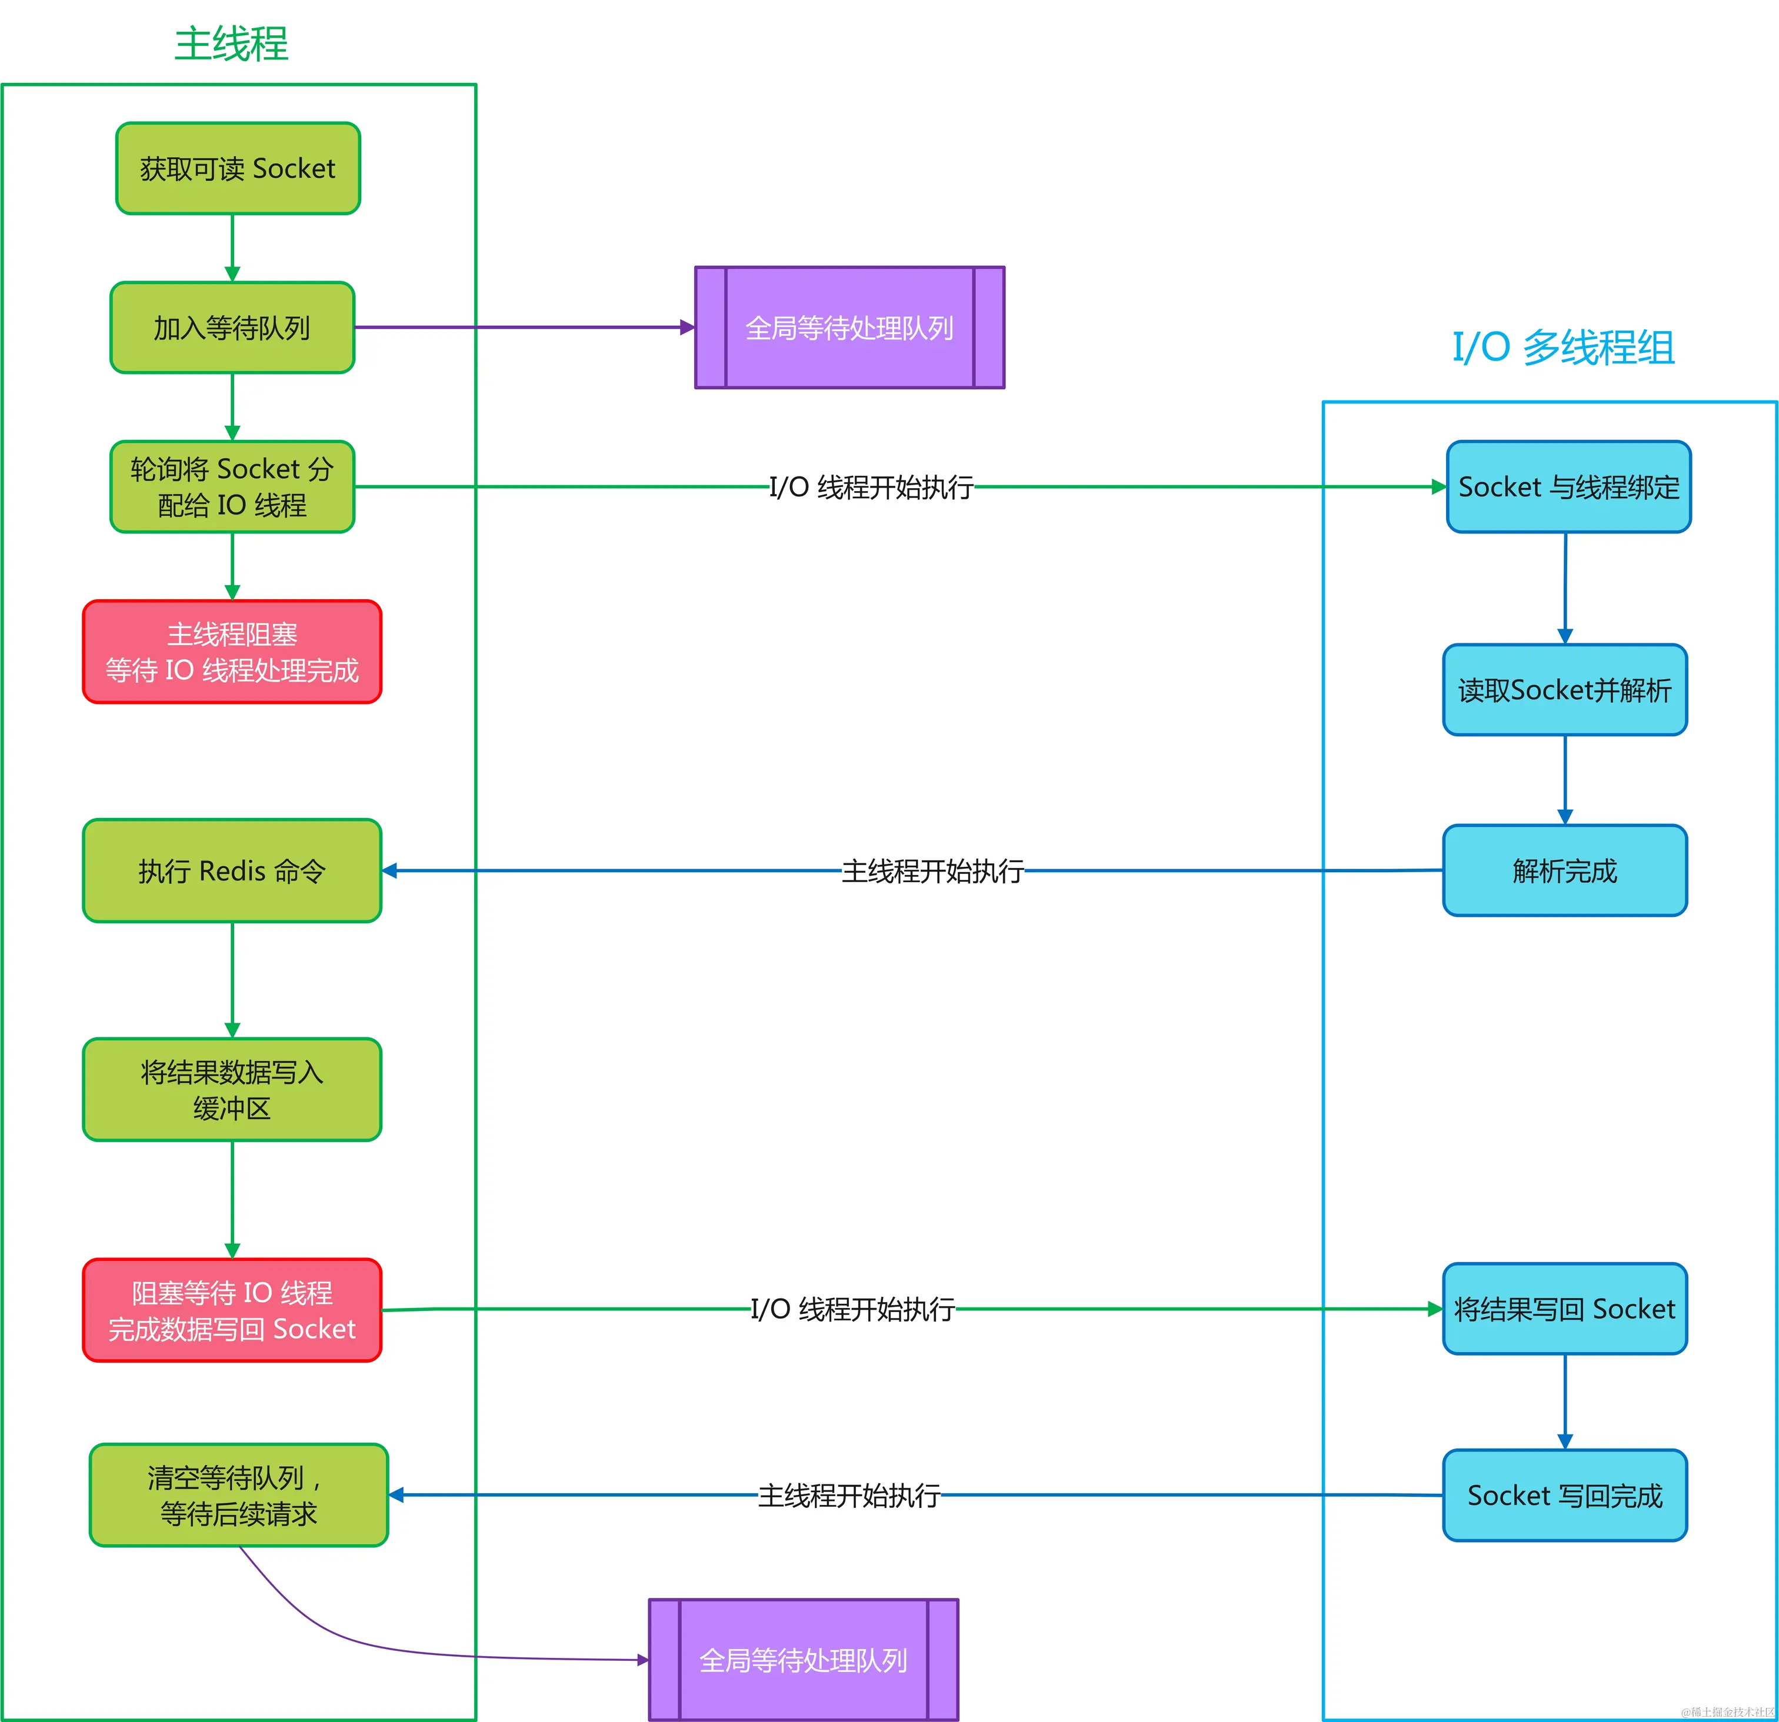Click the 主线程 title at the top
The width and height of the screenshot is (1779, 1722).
click(x=231, y=44)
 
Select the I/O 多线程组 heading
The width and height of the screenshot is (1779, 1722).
click(x=1563, y=348)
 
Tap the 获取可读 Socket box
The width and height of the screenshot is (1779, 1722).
click(x=238, y=169)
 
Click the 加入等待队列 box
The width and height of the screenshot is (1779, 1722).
click(x=232, y=328)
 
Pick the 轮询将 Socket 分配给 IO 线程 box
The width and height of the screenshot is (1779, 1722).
click(x=232, y=487)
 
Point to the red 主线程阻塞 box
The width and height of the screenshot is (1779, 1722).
click(x=232, y=652)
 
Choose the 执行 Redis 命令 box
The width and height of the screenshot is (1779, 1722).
click(x=232, y=871)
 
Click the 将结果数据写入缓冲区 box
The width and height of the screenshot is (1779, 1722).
click(x=232, y=1090)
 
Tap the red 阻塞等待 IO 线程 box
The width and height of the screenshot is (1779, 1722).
click(x=232, y=1310)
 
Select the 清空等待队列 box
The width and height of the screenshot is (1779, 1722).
click(x=239, y=1495)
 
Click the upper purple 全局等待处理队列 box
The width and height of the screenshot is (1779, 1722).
click(x=849, y=328)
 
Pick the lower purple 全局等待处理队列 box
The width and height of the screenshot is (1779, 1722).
click(x=803, y=1660)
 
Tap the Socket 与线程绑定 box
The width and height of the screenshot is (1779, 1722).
click(x=1568, y=487)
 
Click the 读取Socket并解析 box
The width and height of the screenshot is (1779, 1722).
click(x=1565, y=689)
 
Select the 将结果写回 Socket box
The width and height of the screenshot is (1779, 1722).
click(x=1565, y=1309)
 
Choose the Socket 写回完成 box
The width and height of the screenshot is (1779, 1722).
click(x=1565, y=1495)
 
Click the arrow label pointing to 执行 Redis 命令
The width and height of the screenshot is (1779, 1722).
click(x=932, y=871)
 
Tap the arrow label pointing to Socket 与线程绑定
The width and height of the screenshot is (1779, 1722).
click(x=871, y=487)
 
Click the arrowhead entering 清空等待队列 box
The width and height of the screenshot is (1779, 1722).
click(x=397, y=1495)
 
